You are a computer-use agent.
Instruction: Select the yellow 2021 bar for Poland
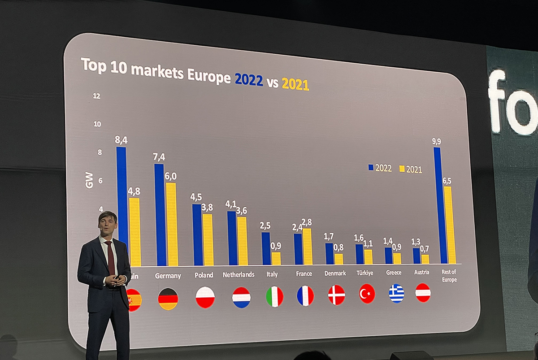click(208, 239)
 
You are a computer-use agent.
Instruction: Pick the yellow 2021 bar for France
click(307, 246)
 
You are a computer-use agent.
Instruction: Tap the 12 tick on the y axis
click(96, 96)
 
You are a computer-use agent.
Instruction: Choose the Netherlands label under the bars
click(239, 274)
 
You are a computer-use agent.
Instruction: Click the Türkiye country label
click(364, 273)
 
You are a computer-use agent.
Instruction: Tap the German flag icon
click(168, 299)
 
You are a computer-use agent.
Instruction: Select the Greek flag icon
click(396, 294)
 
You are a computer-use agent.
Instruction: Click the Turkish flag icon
click(367, 295)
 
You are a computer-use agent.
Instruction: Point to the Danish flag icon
click(336, 295)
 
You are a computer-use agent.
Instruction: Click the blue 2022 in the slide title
click(249, 79)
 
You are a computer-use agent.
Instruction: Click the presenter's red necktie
click(110, 257)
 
